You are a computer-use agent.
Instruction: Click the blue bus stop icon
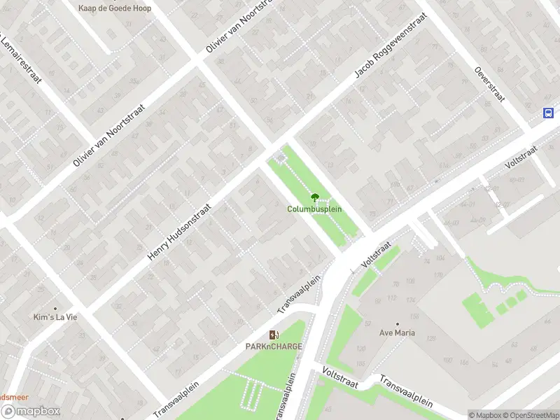click(548, 113)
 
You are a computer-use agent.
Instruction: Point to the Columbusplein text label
click(314, 209)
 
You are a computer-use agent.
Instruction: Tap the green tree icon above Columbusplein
click(314, 197)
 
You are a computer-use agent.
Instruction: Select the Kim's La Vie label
click(55, 317)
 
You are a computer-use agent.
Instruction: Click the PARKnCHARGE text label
click(273, 346)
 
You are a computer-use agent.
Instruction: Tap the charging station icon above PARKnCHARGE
click(274, 335)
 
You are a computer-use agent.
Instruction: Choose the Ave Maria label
click(397, 332)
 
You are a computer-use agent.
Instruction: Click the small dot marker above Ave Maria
click(397, 323)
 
